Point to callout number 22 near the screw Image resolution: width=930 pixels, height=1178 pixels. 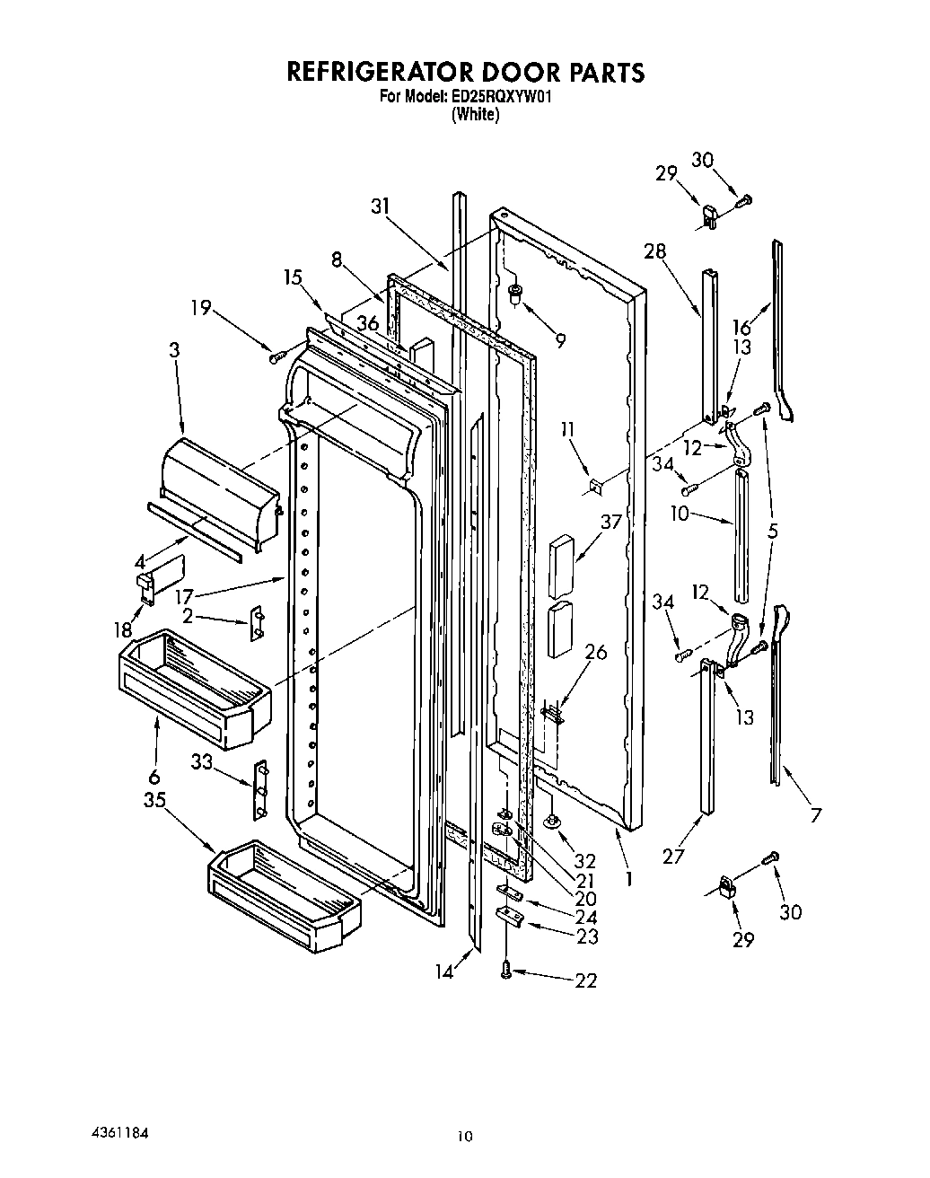click(584, 980)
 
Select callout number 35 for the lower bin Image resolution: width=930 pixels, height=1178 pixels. click(154, 799)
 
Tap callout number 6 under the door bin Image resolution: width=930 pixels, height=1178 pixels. click(154, 777)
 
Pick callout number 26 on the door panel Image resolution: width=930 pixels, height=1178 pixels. click(594, 653)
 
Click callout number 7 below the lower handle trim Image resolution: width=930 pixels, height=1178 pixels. click(815, 815)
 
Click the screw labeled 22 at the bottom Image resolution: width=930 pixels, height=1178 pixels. click(505, 971)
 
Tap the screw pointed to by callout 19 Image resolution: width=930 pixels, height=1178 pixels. click(276, 358)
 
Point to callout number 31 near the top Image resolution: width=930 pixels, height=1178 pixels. click(381, 206)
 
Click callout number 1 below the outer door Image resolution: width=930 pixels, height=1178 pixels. click(628, 879)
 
